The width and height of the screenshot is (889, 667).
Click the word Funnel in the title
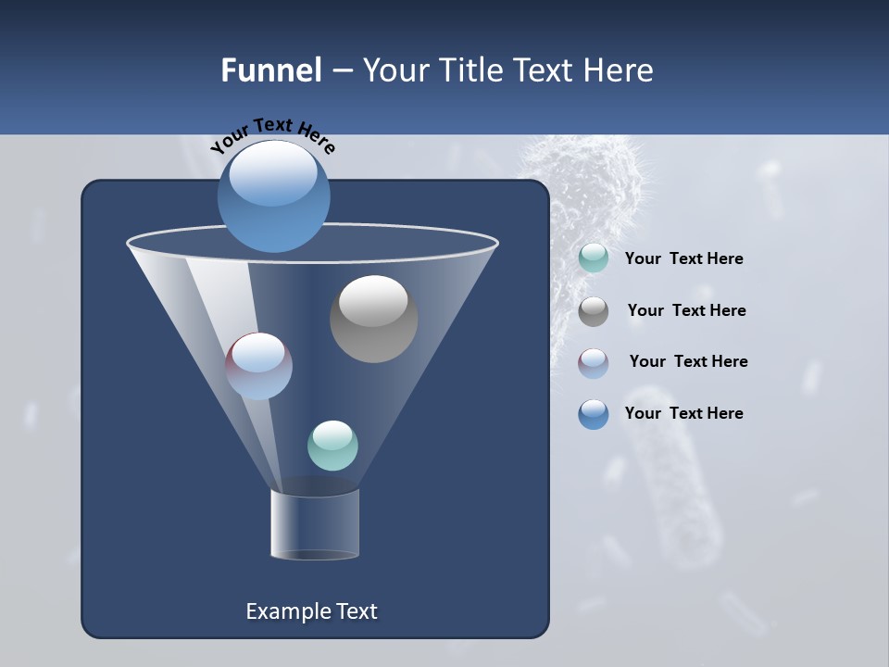coord(270,70)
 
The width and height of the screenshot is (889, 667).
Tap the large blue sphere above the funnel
coord(274,196)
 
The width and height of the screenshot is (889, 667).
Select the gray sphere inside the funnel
coord(373,320)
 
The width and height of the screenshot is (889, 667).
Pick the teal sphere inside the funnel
coord(332,446)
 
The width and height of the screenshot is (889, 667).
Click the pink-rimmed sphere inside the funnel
coord(259,366)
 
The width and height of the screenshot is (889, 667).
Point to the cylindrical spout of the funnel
coord(315,523)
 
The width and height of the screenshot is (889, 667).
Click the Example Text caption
coord(312,611)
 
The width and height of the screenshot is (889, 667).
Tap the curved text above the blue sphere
coord(273,135)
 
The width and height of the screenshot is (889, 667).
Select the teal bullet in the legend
coord(594,258)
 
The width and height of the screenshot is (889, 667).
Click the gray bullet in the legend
coord(594,311)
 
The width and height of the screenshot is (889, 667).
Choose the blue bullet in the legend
coord(594,414)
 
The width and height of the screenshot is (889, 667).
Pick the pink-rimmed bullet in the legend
coord(594,362)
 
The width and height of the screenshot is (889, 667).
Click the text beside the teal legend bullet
coord(683,259)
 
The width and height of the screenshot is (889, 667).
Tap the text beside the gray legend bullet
coord(686,311)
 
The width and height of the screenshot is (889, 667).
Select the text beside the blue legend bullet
coord(683,413)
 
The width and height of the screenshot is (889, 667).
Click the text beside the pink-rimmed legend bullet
coord(688,361)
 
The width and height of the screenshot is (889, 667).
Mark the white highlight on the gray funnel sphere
coord(373,300)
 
